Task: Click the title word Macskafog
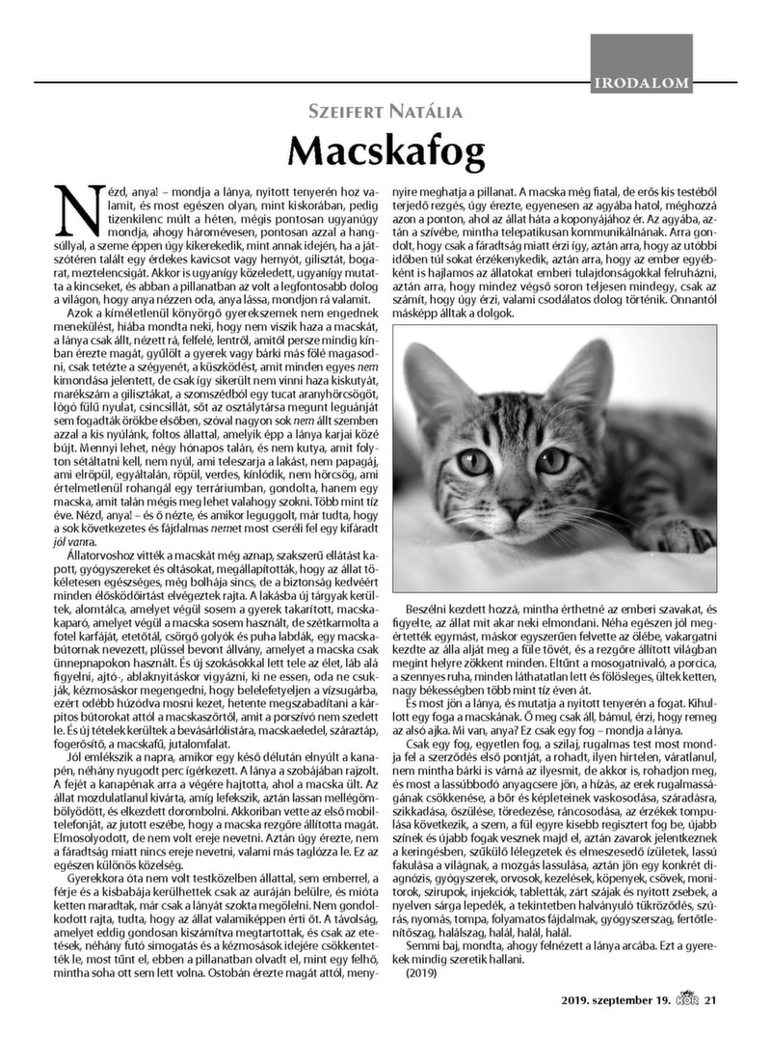pos(385,150)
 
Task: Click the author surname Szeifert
pos(356,112)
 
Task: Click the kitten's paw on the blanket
pos(674,534)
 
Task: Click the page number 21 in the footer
pos(711,1025)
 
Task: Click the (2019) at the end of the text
pos(422,973)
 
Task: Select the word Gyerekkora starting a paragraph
pos(98,880)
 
